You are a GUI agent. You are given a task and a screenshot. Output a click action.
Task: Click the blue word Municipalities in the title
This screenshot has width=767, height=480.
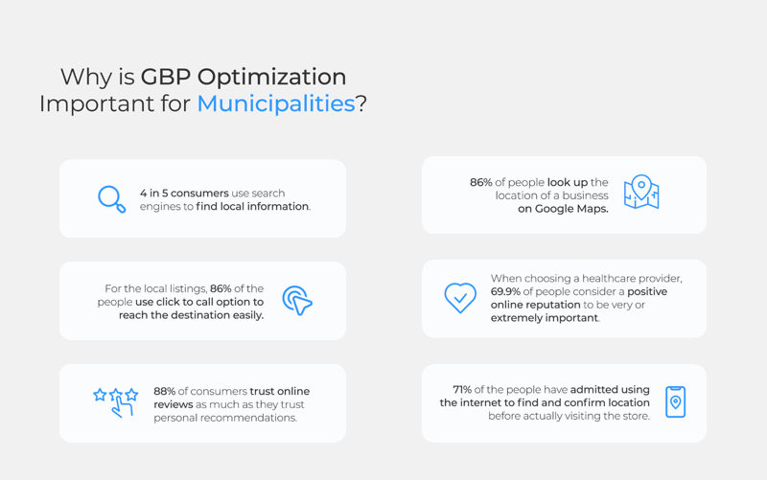[x=275, y=103]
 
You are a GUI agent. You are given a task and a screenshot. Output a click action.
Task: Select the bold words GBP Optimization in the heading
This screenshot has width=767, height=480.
[x=244, y=77]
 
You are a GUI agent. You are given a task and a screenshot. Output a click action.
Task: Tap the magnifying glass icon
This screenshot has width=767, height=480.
[x=111, y=198]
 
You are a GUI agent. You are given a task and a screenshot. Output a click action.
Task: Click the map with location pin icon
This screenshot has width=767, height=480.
[x=640, y=193]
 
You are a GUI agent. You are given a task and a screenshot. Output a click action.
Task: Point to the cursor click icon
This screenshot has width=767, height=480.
[x=297, y=301]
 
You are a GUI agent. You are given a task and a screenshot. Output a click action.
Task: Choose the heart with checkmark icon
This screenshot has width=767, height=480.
[x=460, y=297]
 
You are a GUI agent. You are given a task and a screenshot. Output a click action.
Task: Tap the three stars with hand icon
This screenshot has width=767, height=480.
[x=116, y=401]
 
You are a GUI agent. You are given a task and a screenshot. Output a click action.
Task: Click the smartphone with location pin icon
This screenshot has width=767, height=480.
[x=675, y=402]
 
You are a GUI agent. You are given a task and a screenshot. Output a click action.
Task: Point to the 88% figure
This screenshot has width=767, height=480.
[x=165, y=391]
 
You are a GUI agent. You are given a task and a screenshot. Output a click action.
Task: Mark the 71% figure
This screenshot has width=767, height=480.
[x=462, y=390]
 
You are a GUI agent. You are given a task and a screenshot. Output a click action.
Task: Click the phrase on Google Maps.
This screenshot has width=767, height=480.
[x=563, y=209]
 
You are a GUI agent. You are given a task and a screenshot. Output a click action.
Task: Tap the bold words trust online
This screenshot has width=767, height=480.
[x=280, y=391]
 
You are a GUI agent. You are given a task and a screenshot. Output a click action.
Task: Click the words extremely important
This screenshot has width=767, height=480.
[x=545, y=318]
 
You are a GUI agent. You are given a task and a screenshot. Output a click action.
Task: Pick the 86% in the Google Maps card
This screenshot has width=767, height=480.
[x=480, y=182]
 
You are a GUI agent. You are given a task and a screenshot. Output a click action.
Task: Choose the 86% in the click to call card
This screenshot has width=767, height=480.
[x=221, y=288]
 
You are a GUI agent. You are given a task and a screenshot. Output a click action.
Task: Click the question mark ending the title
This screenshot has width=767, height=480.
[x=361, y=103]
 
